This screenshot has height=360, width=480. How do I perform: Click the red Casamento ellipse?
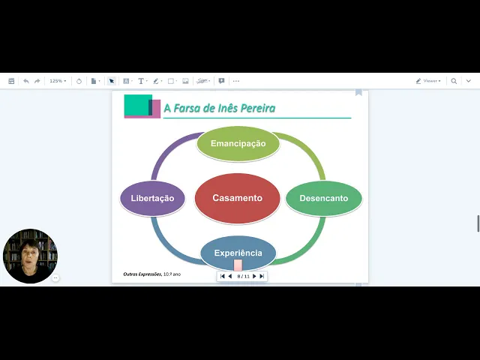[x=237, y=199]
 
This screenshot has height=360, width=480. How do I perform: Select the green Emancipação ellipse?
[x=238, y=143]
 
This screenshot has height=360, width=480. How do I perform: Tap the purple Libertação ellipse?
[x=152, y=199]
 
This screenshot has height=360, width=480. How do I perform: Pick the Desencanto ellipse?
[x=323, y=199]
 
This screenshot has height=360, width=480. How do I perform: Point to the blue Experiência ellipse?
[x=238, y=253]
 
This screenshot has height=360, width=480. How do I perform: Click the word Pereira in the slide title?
[x=256, y=109]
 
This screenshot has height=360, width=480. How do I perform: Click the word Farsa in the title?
[x=187, y=109]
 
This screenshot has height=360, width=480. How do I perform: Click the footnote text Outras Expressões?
[x=142, y=274]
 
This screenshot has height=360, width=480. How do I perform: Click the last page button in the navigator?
[x=262, y=276]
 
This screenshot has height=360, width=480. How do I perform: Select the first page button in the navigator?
[x=223, y=276]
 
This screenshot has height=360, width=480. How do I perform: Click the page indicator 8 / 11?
[x=243, y=276]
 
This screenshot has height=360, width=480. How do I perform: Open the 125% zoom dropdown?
[x=58, y=81]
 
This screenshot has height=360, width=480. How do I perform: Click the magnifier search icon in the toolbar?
[x=454, y=81]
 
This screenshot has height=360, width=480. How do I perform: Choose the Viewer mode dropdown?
[x=429, y=81]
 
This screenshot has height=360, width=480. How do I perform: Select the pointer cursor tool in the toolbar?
[x=111, y=81]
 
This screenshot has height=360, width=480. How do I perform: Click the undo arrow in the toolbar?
[x=26, y=81]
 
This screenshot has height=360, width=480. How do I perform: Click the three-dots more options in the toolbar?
[x=236, y=81]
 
